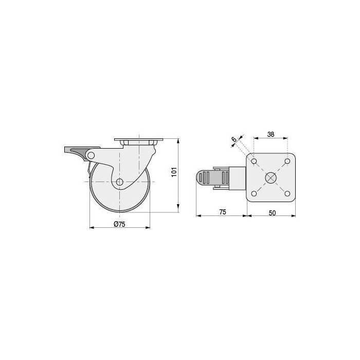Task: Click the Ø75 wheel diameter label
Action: tap(120, 224)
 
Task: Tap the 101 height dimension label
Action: tap(174, 172)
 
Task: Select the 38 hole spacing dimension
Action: tap(271, 134)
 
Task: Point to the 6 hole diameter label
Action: tap(233, 139)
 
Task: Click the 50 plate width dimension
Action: tap(272, 213)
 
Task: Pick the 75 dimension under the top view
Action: tap(223, 212)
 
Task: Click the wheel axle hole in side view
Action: tap(119, 182)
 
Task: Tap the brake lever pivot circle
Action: tap(91, 155)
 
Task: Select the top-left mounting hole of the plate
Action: tap(254, 161)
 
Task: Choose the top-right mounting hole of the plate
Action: tap(287, 161)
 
